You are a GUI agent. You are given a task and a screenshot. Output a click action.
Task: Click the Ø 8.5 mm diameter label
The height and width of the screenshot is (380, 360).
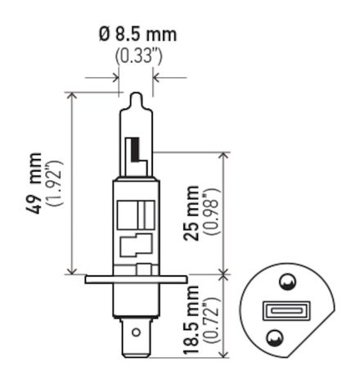coord(137,36)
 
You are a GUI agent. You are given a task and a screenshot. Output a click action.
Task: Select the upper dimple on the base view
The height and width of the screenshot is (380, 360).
coord(286,283)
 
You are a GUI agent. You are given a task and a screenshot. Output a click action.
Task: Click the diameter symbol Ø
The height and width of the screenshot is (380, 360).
coord(104,36)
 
